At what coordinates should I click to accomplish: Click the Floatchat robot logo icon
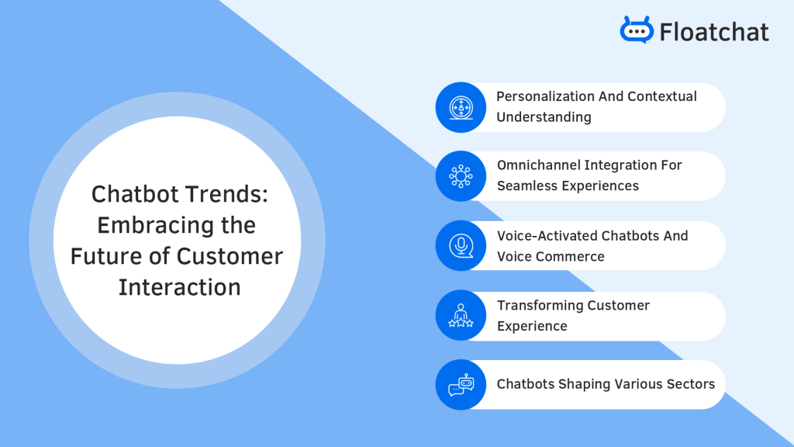tap(637, 30)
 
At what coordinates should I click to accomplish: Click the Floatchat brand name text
tap(713, 32)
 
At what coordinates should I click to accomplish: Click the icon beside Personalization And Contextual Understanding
tap(461, 107)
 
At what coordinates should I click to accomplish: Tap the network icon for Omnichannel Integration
tap(461, 176)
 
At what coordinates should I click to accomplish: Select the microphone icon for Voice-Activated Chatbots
tap(461, 245)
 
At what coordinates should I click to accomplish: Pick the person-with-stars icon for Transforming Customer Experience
tap(461, 315)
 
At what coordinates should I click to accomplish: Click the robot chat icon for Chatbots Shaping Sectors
tap(461, 384)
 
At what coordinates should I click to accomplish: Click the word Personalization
tap(545, 96)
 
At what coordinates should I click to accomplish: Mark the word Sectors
tap(688, 384)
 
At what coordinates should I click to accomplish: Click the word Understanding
tap(544, 117)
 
